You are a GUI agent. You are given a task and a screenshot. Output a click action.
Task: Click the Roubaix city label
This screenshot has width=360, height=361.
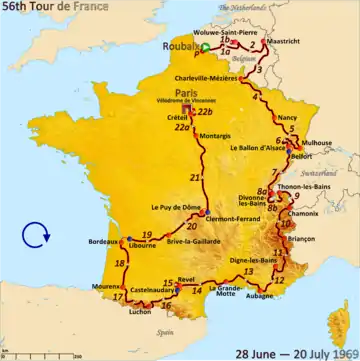pos(178,46)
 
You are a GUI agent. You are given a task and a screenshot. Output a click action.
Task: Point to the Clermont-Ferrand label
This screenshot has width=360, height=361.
pos(236,216)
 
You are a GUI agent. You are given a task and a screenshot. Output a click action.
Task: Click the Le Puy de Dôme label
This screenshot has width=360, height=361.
pos(173,208)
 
